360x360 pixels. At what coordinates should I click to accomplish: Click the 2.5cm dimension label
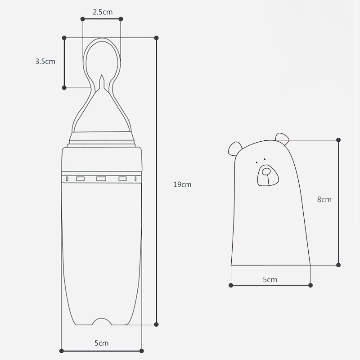click(102, 12)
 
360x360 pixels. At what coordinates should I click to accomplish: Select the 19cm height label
click(182, 184)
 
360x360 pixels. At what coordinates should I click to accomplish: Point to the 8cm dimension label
click(324, 199)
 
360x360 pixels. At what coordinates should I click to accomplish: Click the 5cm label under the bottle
click(101, 343)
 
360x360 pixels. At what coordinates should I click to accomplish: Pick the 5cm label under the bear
click(270, 279)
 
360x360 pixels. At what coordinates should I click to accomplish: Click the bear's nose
click(266, 171)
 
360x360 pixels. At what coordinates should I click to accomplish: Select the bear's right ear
click(282, 137)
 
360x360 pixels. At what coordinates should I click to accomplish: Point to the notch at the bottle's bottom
click(101, 321)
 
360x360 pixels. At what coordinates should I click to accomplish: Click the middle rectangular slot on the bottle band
click(101, 179)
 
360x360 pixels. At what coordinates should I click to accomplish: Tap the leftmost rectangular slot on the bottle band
click(81, 179)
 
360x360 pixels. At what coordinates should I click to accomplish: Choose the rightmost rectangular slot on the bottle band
click(122, 179)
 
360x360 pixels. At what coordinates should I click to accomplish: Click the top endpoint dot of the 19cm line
click(157, 38)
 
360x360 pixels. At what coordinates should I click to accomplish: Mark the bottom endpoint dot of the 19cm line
click(157, 324)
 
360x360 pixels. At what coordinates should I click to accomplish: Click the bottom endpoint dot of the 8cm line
click(338, 265)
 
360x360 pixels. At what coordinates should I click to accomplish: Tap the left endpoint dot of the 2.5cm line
click(83, 19)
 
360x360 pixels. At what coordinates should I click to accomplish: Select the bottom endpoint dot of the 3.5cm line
click(64, 86)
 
